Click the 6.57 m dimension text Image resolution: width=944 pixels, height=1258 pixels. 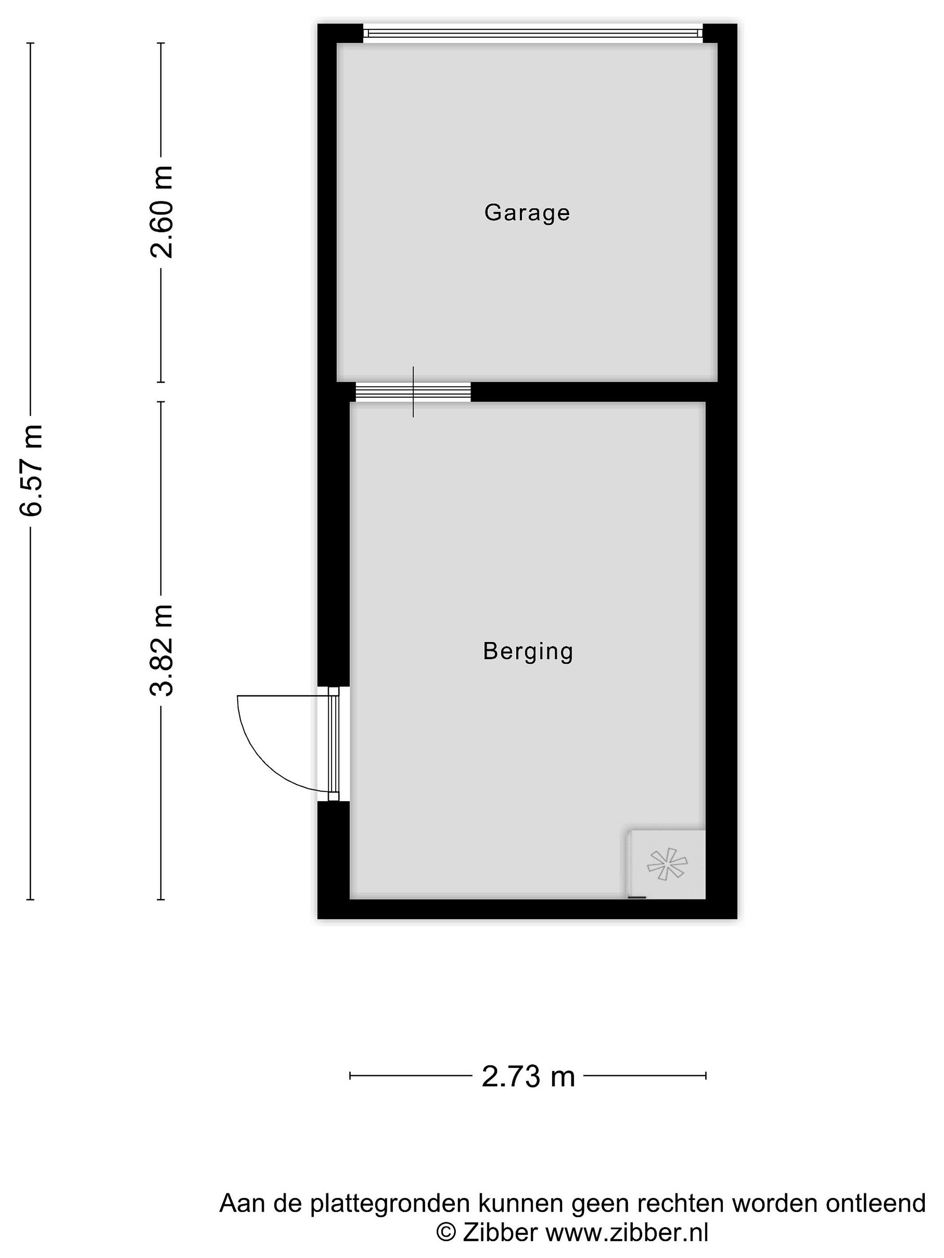[x=31, y=470]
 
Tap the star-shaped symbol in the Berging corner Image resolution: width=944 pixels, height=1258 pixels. [x=667, y=864]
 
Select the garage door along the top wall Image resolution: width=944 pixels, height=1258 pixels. [x=533, y=34]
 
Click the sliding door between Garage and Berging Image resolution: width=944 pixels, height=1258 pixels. [x=413, y=392]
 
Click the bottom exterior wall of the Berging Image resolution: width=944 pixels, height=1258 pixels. [x=527, y=909]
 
